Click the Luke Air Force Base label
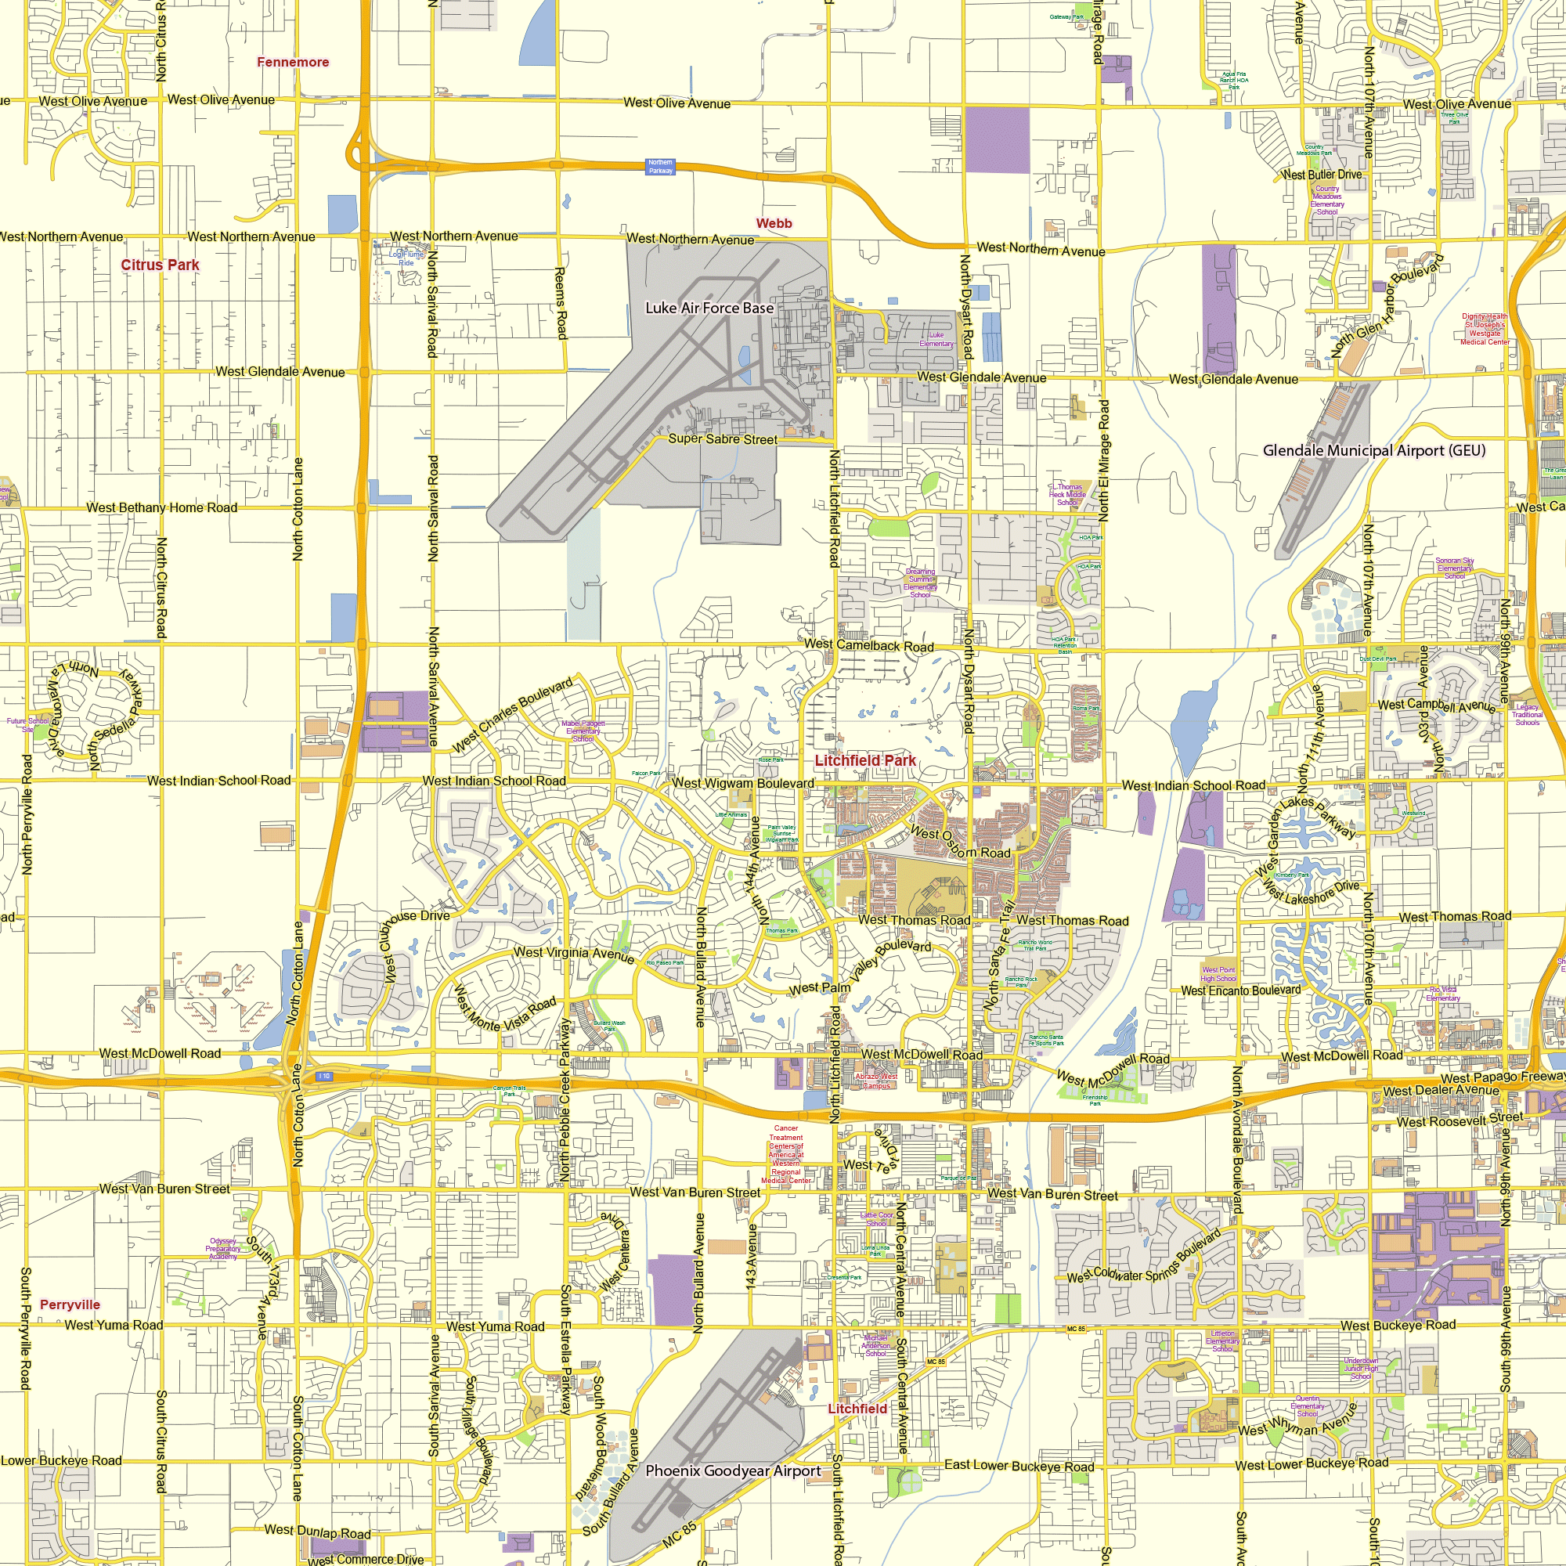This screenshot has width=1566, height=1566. pos(709,308)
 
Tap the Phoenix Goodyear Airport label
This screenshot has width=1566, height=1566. pos(733,1471)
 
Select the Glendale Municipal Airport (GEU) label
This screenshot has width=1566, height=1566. pos(1374,451)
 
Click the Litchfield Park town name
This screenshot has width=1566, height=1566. pos(865,760)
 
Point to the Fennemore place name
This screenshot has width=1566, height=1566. pos(293,63)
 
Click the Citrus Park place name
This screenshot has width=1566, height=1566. pos(160,265)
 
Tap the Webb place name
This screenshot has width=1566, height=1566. pos(774,223)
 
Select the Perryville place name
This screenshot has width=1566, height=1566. pos(70,1304)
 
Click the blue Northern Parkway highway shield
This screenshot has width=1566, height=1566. pos(660,166)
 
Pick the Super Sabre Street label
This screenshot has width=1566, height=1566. pos(722,439)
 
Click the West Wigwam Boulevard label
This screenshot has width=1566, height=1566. pos(743,783)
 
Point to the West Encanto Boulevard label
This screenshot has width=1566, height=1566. pos(1240,990)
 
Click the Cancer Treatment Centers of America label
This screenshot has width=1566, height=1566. pos(785,1154)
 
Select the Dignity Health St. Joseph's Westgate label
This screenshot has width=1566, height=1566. pos(1484,329)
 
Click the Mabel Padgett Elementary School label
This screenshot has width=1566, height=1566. pos(583,731)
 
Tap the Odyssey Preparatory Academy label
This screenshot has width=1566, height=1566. pos(223,1249)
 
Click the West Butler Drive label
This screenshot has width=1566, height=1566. pos(1321,175)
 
